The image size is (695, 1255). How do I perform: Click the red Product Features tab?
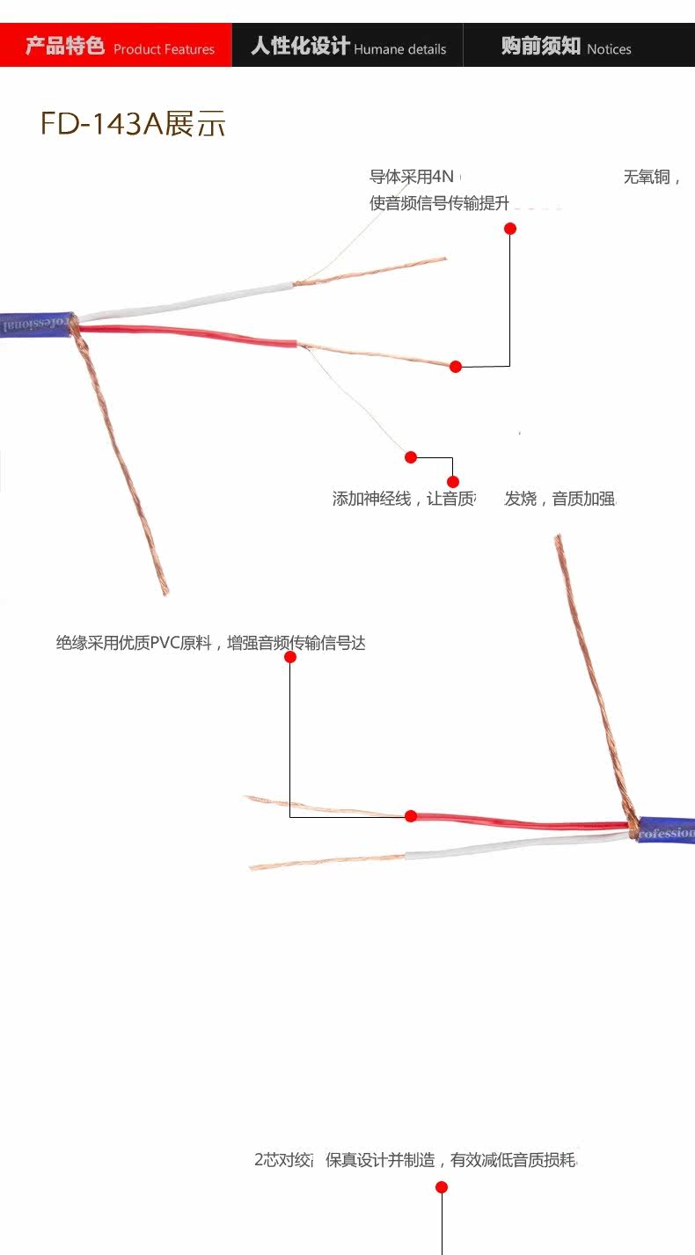[116, 46]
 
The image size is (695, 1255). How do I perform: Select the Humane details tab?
[347, 46]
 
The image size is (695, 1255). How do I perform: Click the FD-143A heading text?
[133, 123]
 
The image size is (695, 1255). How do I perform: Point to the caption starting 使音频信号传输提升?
[439, 204]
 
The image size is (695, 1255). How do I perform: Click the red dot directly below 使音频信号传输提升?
[509, 229]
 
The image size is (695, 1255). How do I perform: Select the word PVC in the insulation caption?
[165, 643]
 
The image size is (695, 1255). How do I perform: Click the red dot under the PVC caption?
[290, 657]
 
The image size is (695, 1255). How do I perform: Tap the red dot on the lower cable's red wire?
[410, 816]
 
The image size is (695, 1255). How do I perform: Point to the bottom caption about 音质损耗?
[415, 1160]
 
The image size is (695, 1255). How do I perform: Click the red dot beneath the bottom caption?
[442, 1187]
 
